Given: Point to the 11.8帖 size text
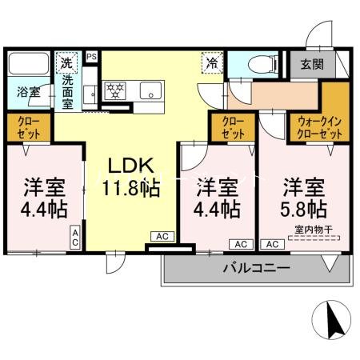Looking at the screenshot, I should pos(131,189).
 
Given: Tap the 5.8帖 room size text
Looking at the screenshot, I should pos(303,209).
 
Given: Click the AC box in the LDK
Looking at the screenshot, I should pos(162,237).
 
